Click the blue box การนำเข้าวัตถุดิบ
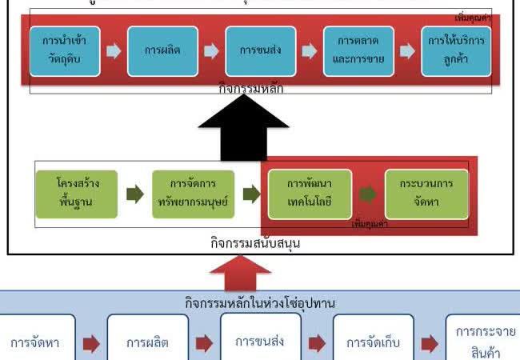65,50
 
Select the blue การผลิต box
162,50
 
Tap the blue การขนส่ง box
260,50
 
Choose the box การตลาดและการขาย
358,50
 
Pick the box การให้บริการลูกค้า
456,50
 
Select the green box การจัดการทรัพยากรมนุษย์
194,194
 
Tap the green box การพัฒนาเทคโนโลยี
310,194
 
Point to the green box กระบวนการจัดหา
426,194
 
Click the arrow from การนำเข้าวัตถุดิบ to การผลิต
114,51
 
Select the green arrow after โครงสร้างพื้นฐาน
135,194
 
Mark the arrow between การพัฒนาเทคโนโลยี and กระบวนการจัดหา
367,194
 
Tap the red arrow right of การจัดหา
91,343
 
